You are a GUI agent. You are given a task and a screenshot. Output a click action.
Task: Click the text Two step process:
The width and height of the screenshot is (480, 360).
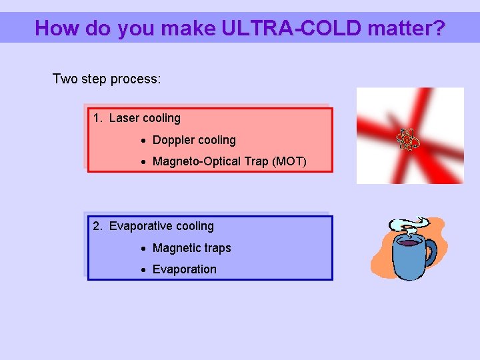point(107,79)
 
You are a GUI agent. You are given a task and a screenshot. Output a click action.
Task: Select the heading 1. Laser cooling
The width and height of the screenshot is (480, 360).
point(137,118)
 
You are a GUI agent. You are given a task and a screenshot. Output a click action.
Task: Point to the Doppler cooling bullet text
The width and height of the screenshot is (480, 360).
point(194,140)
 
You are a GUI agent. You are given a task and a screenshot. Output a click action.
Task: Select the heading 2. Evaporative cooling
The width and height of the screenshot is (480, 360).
point(153,226)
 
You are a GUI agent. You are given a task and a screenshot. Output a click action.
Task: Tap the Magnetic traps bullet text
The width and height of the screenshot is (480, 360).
point(191,248)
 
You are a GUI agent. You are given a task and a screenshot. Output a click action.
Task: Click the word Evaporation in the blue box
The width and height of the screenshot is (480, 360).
point(185,269)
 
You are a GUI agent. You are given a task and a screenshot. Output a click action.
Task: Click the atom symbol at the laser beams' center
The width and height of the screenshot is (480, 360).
point(407,139)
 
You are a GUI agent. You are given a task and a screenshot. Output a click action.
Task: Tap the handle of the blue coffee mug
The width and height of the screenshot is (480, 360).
point(429,253)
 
